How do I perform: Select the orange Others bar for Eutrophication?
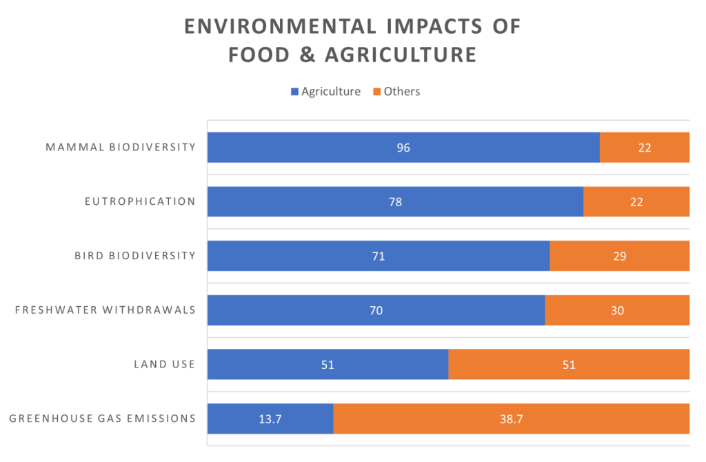(636, 202)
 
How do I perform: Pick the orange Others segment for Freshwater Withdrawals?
(617, 310)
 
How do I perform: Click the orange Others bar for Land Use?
(569, 364)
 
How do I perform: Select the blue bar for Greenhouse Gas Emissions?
(270, 419)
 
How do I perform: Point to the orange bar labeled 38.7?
(511, 419)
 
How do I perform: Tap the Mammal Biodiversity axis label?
(121, 148)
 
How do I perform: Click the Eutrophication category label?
(140, 202)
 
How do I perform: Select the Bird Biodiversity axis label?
(135, 256)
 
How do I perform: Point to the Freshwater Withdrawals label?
(105, 310)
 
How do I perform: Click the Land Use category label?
(164, 364)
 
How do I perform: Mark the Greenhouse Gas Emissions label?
(103, 419)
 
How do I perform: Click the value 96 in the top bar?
(403, 148)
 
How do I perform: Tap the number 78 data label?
(395, 202)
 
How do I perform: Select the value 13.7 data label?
(270, 419)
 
